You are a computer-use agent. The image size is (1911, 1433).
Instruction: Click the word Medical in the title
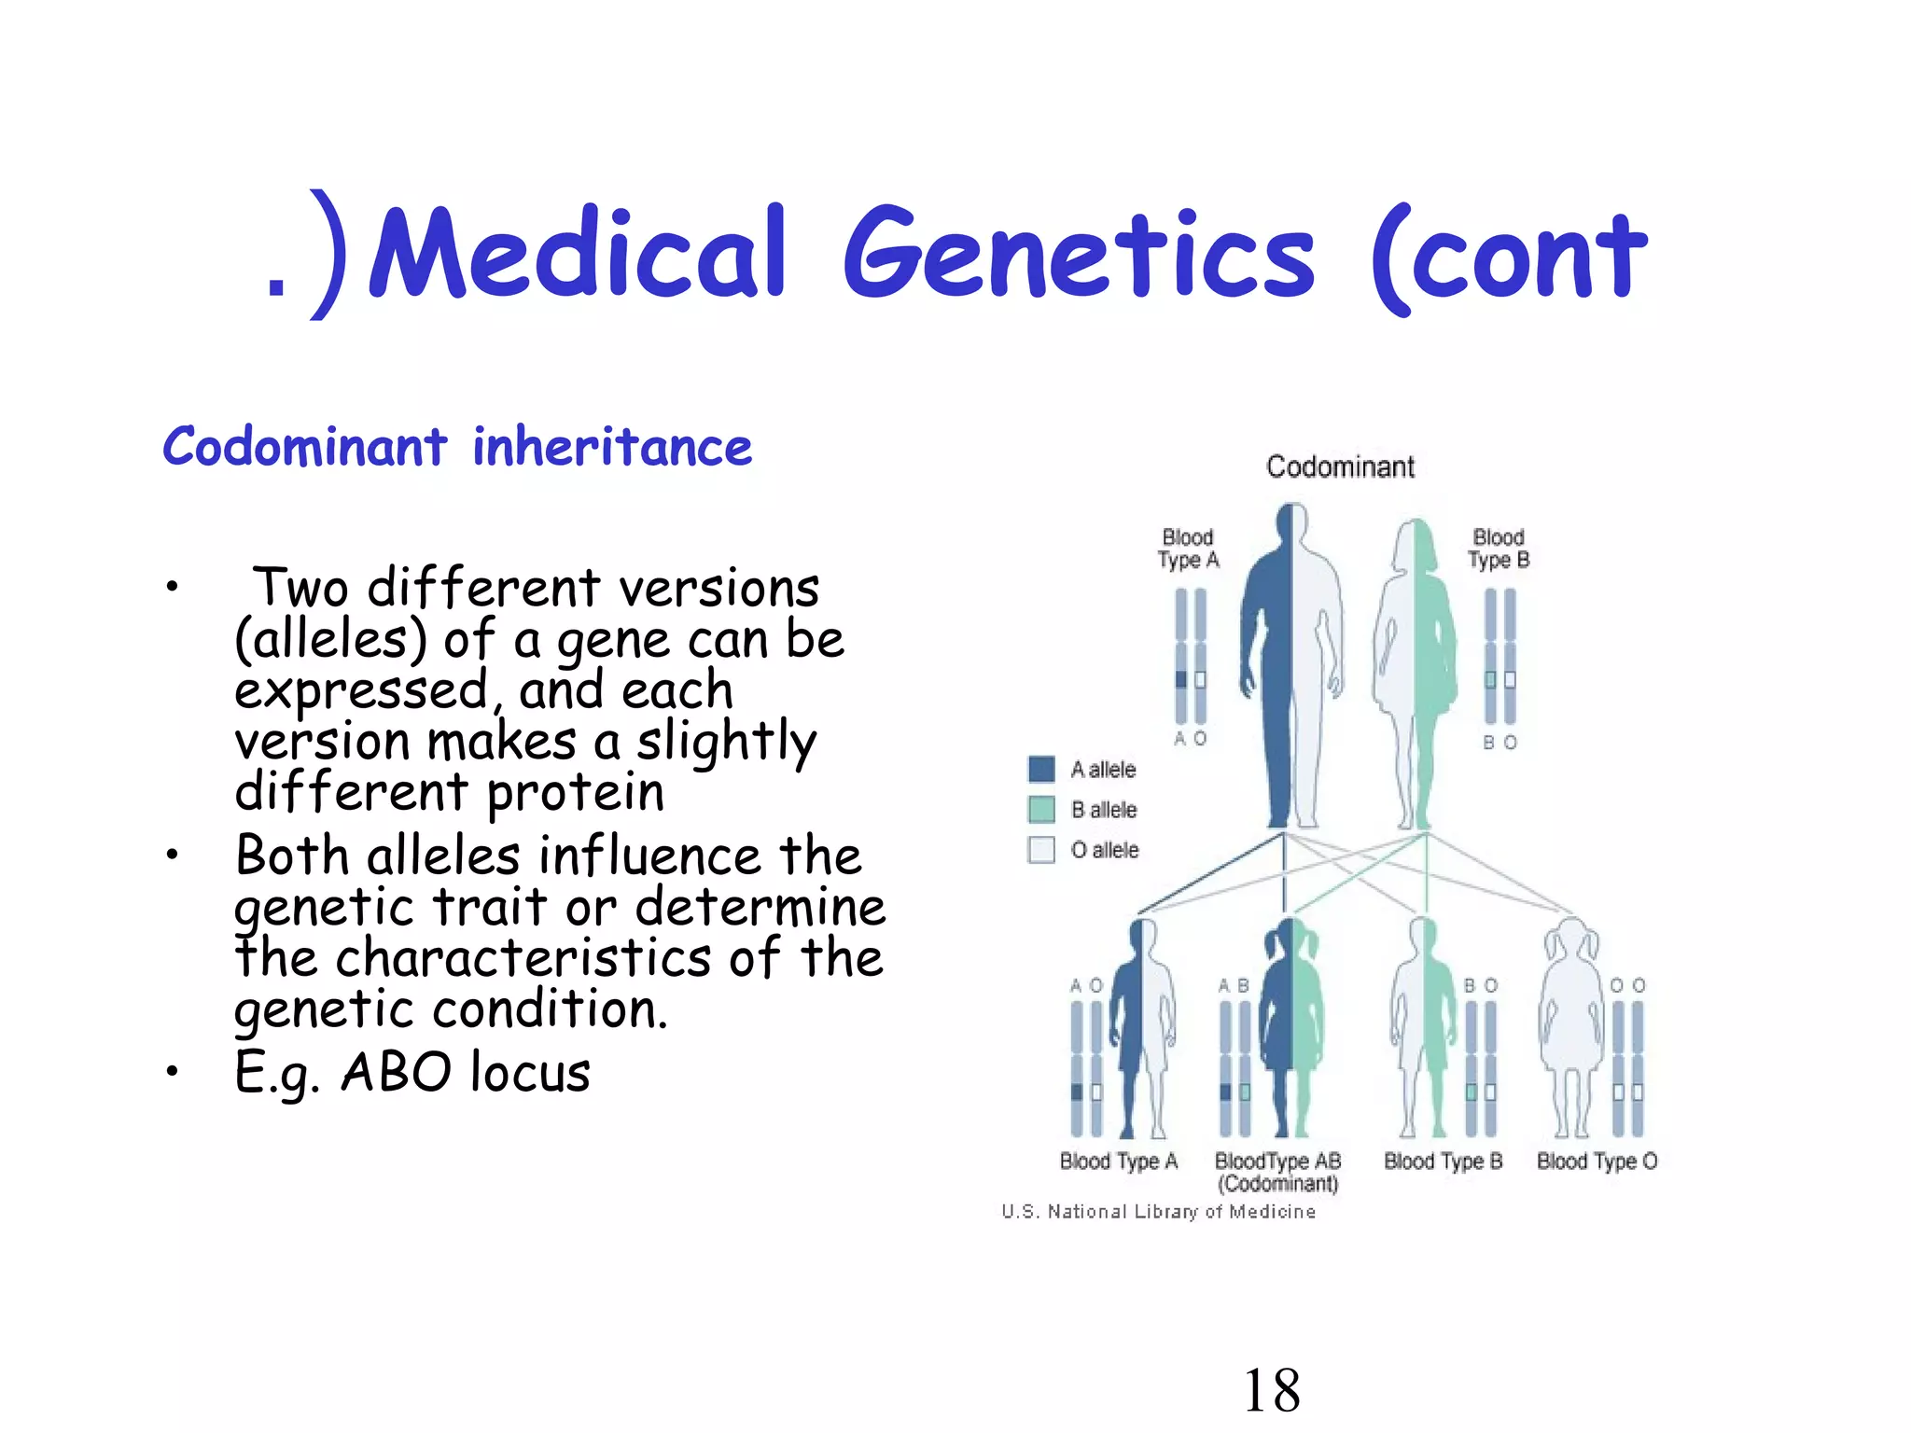point(579,254)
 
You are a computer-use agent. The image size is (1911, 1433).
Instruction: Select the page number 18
point(1272,1390)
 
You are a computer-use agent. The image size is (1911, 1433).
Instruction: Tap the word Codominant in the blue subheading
point(305,447)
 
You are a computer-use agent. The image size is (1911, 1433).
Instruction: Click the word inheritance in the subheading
point(612,447)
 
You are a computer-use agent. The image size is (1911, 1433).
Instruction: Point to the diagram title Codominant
point(1340,466)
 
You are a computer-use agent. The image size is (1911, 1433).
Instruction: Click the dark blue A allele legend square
point(1041,769)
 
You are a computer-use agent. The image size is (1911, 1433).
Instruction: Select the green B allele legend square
point(1041,809)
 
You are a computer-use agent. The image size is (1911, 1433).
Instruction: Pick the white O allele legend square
point(1041,849)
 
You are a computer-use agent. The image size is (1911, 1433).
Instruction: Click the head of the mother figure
point(1416,539)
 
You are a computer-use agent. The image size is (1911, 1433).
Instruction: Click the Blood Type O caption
point(1597,1162)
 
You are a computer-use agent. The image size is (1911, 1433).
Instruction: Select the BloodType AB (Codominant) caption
point(1277,1172)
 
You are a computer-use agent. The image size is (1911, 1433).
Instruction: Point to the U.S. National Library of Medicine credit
point(1158,1212)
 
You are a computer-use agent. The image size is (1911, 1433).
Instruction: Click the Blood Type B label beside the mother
point(1499,549)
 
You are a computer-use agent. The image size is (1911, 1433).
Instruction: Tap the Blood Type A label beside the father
point(1188,549)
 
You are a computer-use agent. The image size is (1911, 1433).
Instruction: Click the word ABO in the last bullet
point(397,1072)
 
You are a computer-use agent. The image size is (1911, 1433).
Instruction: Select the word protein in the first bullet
point(576,792)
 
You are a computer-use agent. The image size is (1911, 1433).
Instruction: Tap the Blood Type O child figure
point(1571,1026)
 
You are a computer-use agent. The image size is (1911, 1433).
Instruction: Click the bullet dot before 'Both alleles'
point(172,855)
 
